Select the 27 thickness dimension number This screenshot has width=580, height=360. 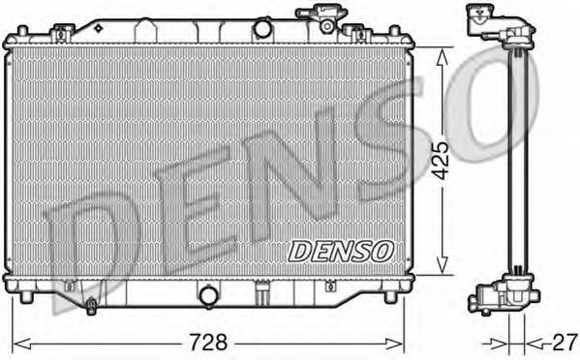561,341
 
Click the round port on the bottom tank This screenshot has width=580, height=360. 208,293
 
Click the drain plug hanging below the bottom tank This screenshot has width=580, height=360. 90,307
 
